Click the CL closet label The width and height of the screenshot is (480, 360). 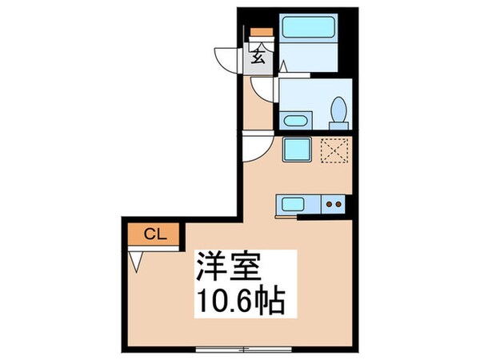155,234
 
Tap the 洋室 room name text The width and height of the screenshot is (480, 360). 229,267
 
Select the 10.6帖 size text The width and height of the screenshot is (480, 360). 242,300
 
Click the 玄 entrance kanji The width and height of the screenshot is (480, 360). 258,56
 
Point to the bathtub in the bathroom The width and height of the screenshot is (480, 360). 308,27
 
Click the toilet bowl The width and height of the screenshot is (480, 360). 338,110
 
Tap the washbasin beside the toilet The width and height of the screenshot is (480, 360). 295,121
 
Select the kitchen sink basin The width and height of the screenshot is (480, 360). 293,204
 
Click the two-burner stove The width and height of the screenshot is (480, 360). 334,204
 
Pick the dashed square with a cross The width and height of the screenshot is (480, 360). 334,150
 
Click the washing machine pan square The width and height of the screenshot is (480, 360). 297,150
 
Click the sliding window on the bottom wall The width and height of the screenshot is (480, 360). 244,349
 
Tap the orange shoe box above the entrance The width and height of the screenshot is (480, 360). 262,32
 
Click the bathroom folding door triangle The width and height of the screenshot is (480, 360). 283,66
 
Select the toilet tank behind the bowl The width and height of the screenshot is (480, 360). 338,126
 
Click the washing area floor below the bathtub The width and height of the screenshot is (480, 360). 308,58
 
